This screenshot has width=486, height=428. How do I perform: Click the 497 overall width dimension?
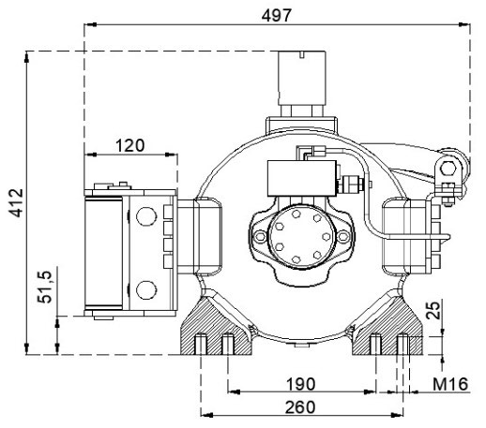click(277, 15)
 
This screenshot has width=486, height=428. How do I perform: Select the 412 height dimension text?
click(16, 202)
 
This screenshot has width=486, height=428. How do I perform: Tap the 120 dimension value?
click(130, 145)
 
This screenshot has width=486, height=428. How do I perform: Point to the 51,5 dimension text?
click(45, 287)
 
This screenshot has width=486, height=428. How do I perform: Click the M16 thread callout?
click(450, 384)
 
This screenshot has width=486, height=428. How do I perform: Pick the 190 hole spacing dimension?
click(301, 384)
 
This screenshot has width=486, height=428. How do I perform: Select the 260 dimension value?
click(300, 407)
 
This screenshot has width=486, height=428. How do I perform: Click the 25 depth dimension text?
click(433, 310)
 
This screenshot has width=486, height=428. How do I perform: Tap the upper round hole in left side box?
click(146, 215)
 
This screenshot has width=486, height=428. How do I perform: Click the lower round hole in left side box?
click(146, 289)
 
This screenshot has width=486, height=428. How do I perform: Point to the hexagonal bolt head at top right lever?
click(448, 169)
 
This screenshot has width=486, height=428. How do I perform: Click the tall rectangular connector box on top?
click(302, 78)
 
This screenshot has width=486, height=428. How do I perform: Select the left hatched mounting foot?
click(216, 326)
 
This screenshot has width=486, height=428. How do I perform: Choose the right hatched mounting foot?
click(387, 326)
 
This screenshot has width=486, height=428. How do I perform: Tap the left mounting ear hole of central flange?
click(260, 236)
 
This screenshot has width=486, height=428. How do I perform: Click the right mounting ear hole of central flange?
click(343, 236)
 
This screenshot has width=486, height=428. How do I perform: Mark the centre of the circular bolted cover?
click(302, 236)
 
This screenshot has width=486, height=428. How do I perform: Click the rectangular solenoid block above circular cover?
click(302, 178)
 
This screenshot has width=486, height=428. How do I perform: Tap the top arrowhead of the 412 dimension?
click(26, 57)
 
